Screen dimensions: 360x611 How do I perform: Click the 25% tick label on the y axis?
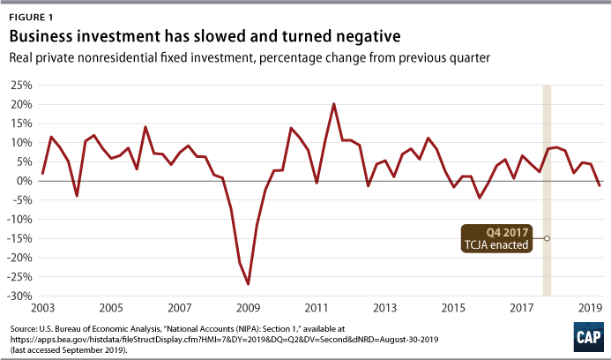(x=21, y=86)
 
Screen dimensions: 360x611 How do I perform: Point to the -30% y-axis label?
(x=19, y=296)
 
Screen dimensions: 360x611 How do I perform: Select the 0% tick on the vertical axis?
(x=25, y=181)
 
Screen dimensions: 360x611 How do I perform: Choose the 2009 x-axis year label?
(x=248, y=310)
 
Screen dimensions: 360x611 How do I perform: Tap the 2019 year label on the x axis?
(x=590, y=310)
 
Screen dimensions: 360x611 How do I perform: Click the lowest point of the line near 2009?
(x=248, y=284)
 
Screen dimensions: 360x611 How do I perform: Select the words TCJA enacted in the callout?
(x=498, y=244)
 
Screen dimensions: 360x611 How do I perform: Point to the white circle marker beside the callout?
(x=547, y=238)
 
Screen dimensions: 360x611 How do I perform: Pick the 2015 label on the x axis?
(x=453, y=310)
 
